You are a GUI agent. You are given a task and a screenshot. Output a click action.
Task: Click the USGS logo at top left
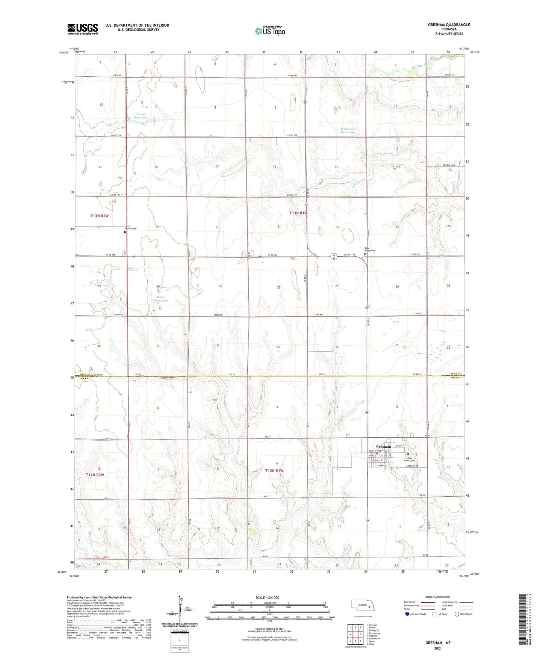click(83, 29)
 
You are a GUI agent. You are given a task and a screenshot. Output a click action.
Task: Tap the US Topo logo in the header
click(270, 31)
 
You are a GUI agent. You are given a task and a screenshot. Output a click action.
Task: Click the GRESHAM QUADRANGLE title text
click(449, 25)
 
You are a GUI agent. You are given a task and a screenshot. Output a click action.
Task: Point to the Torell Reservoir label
click(141, 116)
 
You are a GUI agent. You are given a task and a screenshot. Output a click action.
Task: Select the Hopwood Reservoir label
click(348, 130)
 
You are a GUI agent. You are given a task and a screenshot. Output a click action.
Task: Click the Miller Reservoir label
click(161, 299)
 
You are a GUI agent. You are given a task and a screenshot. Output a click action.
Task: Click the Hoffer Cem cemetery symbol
click(125, 232)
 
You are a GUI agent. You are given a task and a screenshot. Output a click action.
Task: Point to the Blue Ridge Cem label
click(370, 249)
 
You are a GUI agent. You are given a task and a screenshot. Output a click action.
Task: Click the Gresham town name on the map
click(383, 446)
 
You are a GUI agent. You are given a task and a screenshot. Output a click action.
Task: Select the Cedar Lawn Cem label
click(410, 460)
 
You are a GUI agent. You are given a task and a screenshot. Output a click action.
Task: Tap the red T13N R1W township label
click(298, 213)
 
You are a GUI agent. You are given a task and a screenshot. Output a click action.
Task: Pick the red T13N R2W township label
click(100, 216)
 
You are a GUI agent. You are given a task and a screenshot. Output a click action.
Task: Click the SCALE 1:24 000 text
click(267, 597)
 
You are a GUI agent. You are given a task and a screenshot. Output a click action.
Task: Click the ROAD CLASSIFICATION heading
click(438, 597)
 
